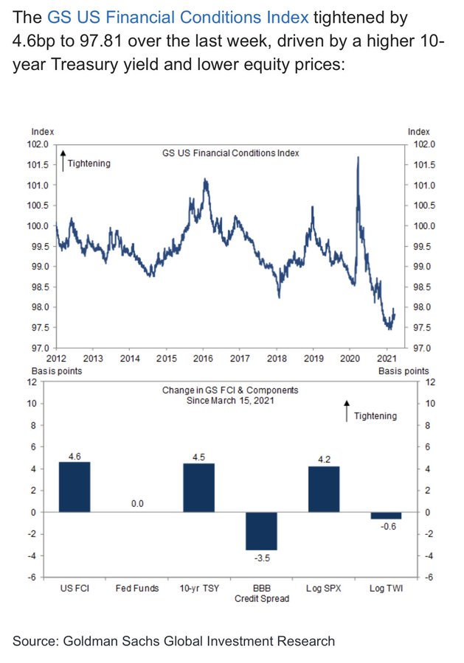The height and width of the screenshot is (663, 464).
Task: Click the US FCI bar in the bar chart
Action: pos(75,486)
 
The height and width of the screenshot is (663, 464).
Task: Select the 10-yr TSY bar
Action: pos(199,487)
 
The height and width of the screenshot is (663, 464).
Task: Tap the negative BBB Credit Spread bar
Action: pos(261,530)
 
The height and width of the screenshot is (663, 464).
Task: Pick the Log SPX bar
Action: pos(323,488)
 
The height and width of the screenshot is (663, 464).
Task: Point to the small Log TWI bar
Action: pos(385,515)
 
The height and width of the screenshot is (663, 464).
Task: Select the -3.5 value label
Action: pos(261,558)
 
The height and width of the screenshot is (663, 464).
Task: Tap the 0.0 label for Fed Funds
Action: pos(136,504)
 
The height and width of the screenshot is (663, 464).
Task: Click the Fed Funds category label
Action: pos(136,588)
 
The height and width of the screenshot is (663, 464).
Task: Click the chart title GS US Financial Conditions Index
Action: pos(230,153)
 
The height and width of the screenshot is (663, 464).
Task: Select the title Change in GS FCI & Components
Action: pos(231,390)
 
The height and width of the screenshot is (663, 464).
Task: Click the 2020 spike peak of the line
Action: pos(358,158)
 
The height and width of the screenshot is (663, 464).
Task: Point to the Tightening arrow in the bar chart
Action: pos(346,411)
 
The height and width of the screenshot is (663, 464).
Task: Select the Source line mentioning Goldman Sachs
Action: pos(174,641)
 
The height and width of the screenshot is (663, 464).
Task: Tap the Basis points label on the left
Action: pos(55,371)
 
